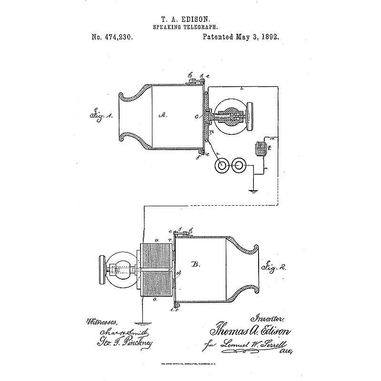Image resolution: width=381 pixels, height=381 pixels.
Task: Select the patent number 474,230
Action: (x=112, y=37)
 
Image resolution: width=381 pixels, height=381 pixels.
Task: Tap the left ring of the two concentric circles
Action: (x=221, y=165)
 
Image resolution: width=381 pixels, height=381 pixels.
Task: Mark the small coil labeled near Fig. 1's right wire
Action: (x=261, y=148)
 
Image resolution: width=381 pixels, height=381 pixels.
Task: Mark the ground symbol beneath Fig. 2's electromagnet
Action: (x=142, y=318)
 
